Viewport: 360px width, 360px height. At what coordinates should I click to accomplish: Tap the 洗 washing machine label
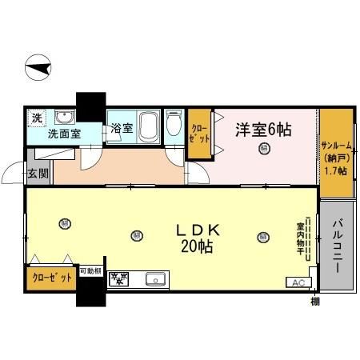(x=37, y=118)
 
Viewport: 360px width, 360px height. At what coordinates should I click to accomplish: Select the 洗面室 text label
(x=64, y=134)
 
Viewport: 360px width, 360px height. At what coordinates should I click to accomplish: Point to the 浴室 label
(x=122, y=129)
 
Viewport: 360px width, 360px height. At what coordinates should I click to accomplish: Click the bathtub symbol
(x=149, y=126)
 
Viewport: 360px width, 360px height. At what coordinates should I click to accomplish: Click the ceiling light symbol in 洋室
(x=263, y=148)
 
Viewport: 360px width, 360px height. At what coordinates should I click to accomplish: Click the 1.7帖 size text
(x=335, y=171)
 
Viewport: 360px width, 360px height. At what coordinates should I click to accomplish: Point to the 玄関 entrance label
(x=38, y=173)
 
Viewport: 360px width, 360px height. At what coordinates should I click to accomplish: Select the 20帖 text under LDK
(x=197, y=248)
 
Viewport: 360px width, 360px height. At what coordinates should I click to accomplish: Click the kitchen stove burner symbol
(x=119, y=279)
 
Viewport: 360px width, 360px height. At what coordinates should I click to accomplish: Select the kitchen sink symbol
(x=155, y=279)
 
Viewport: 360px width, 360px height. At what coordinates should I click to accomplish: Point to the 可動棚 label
(x=90, y=271)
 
